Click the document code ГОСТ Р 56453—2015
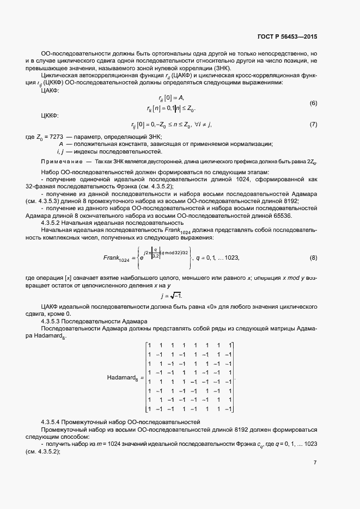286,36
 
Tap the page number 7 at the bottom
315,463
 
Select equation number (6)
313,103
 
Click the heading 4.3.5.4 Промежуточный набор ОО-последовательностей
121,422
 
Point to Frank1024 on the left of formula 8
117,258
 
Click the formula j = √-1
171,295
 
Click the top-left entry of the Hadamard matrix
149,345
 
